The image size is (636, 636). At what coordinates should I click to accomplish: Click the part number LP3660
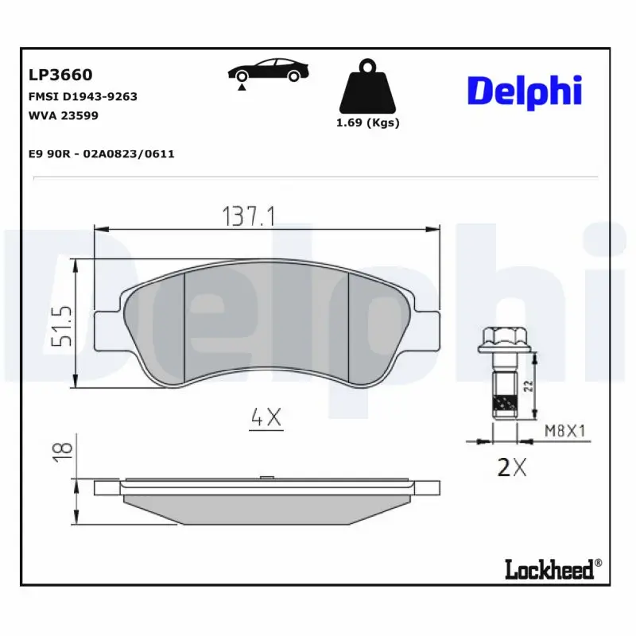pos(60,75)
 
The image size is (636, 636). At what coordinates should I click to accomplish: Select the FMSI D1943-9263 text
pos(83,96)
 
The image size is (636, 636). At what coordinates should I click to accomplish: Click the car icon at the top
pos(268,70)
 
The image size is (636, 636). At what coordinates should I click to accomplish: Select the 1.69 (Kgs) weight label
pos(367,123)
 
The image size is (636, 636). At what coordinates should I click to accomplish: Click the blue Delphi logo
pos(525,90)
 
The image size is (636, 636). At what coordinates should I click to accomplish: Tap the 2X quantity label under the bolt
pos(511,467)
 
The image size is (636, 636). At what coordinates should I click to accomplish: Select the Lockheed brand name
pos(549,570)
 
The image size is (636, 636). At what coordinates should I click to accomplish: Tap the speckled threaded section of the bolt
pos(504,406)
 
